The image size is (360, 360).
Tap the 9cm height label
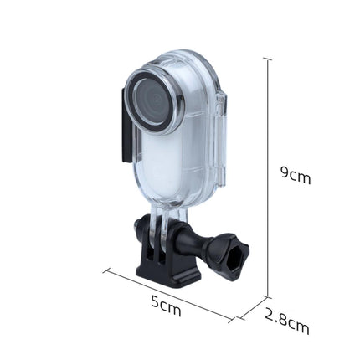coord(295,174)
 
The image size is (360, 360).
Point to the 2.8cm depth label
coord(287,321)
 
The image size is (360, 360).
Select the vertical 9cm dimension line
coord(268,176)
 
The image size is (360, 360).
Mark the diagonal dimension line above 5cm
coord(167,292)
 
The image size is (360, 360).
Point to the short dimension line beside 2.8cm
coord(251,309)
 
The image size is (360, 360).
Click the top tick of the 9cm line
coord(268,59)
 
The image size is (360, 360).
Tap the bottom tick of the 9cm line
coord(268,296)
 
